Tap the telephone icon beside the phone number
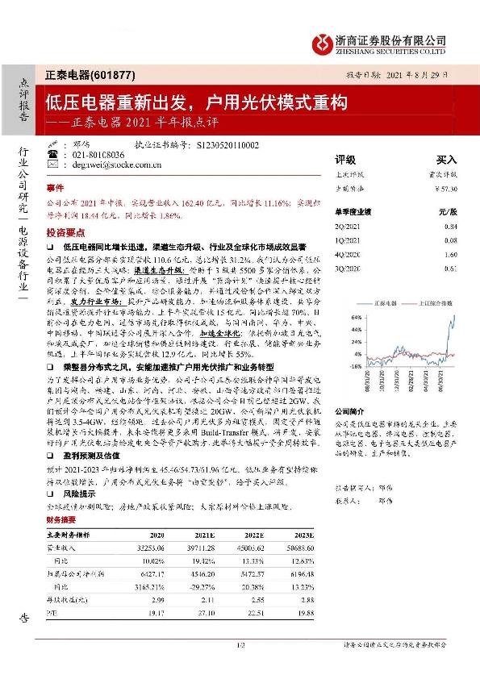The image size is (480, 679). click(52, 152)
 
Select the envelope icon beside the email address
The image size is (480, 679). click(52, 164)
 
